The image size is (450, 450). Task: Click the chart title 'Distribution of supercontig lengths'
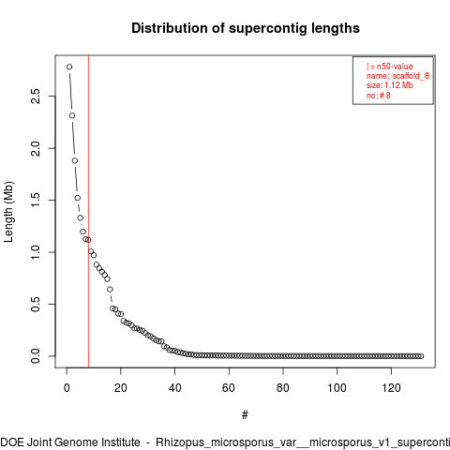click(246, 28)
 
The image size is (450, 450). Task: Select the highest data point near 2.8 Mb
click(69, 67)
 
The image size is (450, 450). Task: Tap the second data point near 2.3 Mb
click(72, 115)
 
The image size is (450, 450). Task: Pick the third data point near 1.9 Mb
click(75, 160)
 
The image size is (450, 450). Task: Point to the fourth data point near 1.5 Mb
click(78, 198)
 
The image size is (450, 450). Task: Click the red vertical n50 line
click(88, 212)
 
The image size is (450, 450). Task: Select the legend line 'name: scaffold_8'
click(397, 76)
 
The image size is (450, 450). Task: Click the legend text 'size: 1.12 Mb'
click(390, 85)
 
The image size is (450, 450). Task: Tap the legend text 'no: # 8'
click(379, 95)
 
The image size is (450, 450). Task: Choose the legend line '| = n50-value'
click(390, 67)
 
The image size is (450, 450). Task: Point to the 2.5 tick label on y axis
click(36, 96)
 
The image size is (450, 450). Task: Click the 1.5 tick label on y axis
click(36, 200)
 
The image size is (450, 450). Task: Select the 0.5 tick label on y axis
click(36, 304)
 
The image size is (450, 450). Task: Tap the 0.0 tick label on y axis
click(36, 356)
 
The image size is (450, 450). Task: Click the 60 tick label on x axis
click(229, 388)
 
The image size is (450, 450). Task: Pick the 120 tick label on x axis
click(391, 388)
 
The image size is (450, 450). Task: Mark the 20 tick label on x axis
click(121, 388)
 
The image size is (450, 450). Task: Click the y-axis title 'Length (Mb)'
click(8, 212)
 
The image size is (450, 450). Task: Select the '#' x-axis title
click(245, 415)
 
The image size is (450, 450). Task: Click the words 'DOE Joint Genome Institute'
click(70, 442)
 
